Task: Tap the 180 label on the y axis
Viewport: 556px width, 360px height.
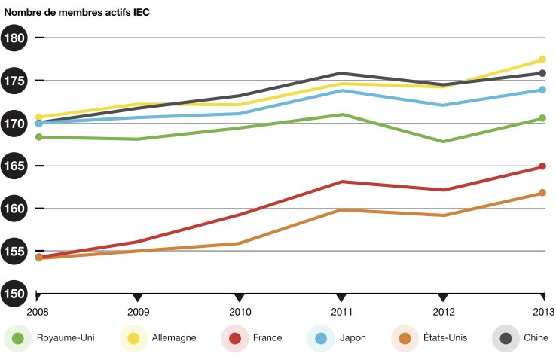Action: [15, 38]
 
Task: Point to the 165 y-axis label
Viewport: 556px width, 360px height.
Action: [15, 166]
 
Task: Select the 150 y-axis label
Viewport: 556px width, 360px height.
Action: [15, 293]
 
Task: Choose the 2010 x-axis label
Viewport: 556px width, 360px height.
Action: [240, 311]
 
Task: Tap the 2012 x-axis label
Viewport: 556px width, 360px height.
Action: [443, 311]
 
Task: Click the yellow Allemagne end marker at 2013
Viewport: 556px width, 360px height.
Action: [542, 59]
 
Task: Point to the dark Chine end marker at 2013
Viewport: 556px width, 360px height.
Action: [542, 73]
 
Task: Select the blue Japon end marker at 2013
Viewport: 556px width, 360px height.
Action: [542, 90]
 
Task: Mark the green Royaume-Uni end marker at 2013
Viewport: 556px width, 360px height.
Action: [542, 118]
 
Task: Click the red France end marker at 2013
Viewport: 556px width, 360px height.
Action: [542, 166]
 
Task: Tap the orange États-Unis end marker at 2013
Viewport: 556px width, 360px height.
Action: [542, 193]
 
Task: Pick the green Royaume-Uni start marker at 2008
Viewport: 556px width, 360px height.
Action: [38, 137]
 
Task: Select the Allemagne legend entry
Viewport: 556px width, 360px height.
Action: [159, 338]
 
